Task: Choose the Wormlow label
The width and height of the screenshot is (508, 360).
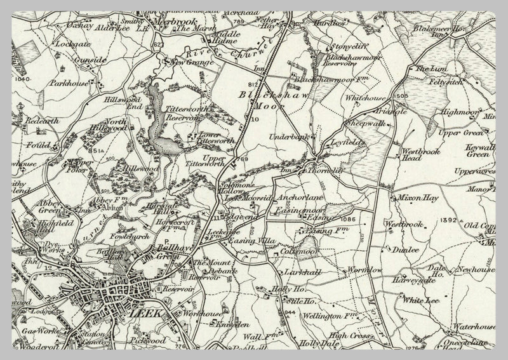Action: coord(364,270)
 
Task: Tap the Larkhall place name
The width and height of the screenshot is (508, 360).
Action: coord(302,272)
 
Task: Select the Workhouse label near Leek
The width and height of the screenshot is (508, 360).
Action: coord(201,314)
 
